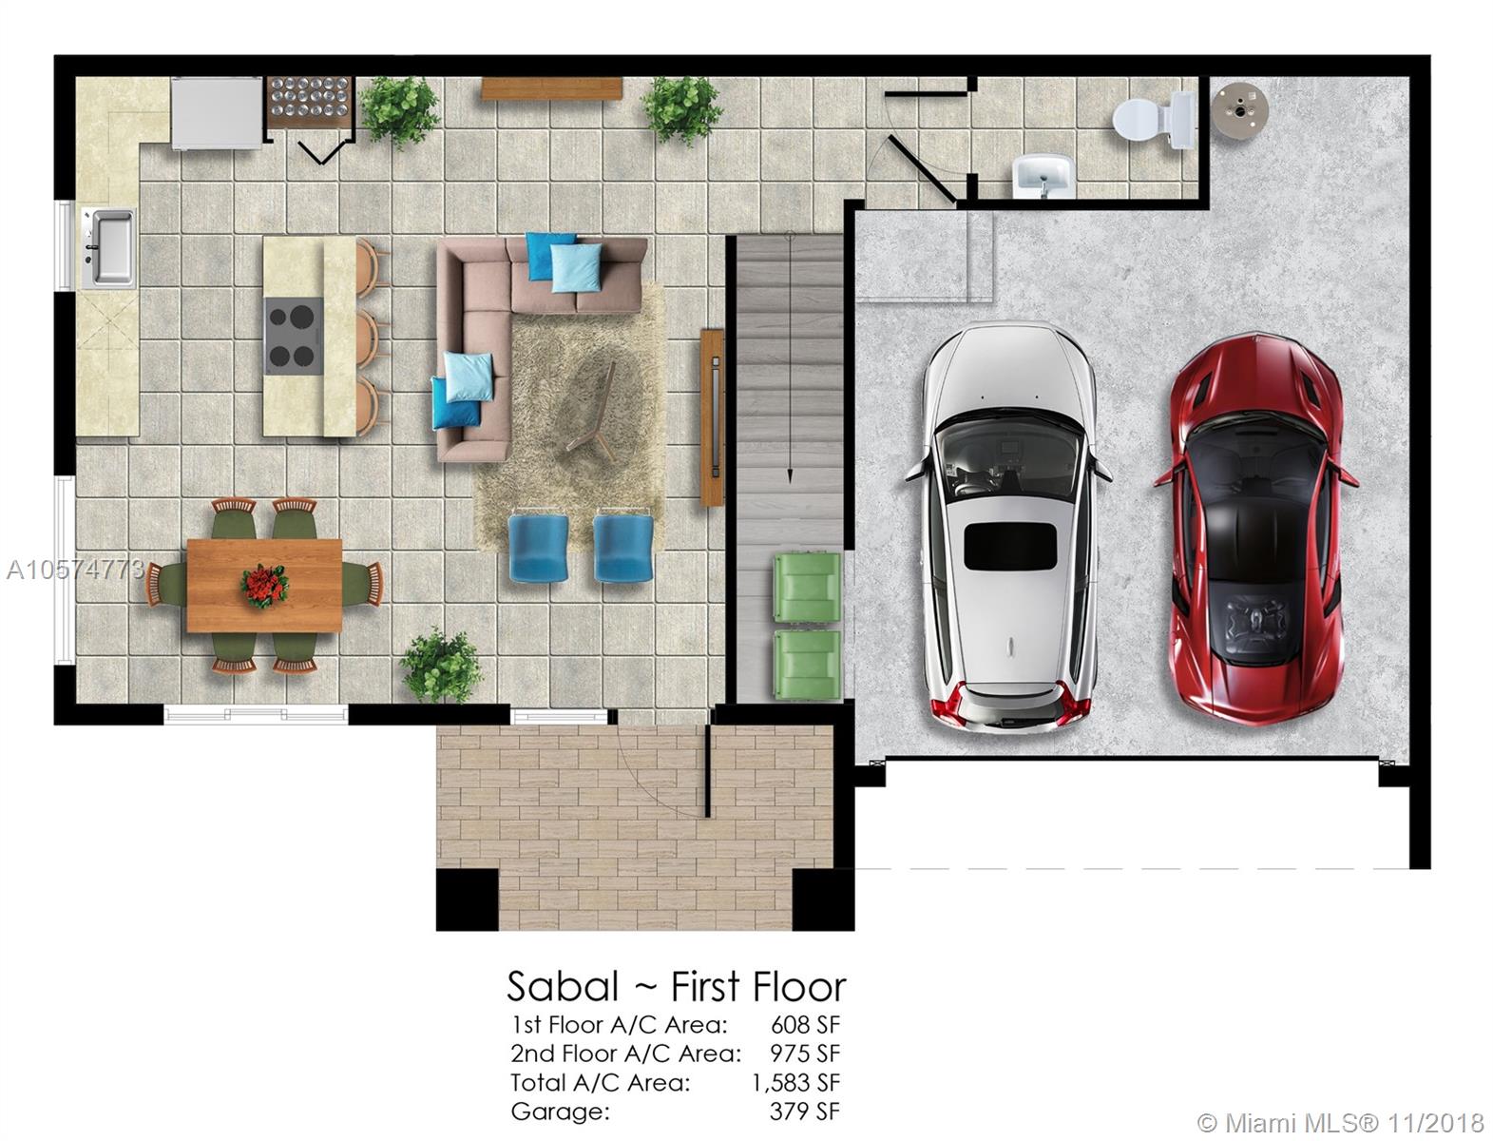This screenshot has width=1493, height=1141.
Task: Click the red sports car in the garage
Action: (1254, 528)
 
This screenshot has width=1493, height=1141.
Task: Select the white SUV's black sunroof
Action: (1010, 547)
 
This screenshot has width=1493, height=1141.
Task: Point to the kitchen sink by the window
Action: (108, 247)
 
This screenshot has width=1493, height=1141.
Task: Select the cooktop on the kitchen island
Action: (294, 336)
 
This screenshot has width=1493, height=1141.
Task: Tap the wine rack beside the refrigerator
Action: (310, 101)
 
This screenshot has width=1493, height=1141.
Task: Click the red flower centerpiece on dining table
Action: (264, 585)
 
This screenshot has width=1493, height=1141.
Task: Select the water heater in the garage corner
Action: (1239, 111)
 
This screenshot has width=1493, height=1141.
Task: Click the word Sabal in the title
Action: (563, 987)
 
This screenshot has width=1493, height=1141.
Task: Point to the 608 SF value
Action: (805, 1025)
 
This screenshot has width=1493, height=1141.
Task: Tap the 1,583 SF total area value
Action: (795, 1082)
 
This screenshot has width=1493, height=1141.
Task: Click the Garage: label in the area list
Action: (561, 1112)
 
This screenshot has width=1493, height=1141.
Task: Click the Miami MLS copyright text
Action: (1340, 1123)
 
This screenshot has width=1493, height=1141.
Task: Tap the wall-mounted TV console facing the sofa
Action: (712, 417)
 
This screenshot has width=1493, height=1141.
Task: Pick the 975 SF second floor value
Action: (805, 1054)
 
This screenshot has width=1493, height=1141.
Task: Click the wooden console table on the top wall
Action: (551, 88)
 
